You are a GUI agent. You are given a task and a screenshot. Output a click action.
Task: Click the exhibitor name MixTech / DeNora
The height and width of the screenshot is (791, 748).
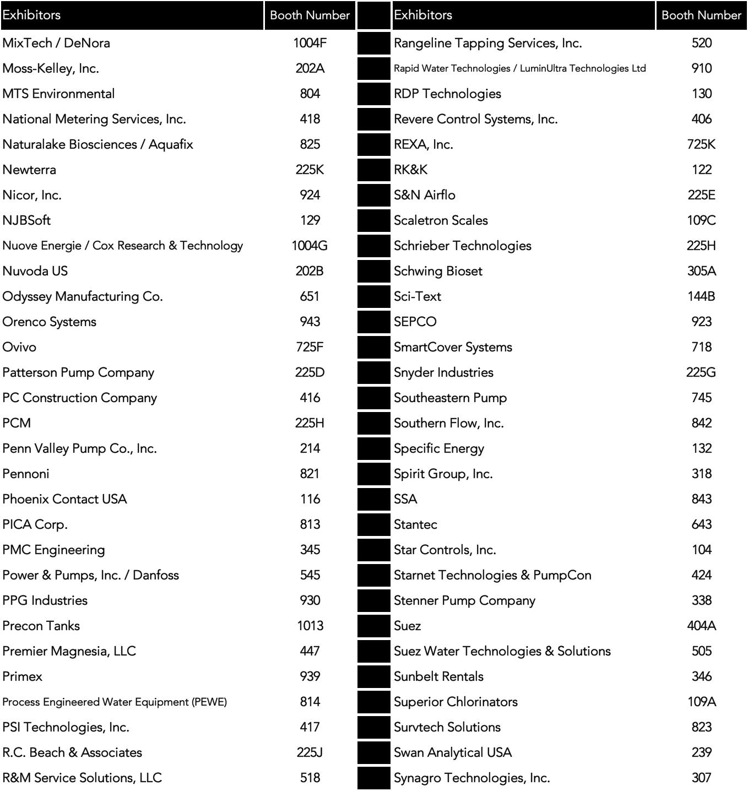point(56,43)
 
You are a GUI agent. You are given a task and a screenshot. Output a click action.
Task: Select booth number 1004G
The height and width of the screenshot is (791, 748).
point(310,246)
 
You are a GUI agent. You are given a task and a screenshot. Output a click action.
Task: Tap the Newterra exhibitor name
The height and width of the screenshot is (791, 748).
point(29,170)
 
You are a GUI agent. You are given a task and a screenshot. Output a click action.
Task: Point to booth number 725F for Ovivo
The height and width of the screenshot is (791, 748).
point(310,347)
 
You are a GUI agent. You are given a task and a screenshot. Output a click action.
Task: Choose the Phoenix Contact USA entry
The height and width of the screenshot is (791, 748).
point(64,499)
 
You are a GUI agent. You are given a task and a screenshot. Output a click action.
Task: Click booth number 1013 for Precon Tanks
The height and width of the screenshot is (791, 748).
point(310,626)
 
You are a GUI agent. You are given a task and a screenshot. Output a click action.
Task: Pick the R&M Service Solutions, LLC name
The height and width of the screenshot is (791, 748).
point(82,778)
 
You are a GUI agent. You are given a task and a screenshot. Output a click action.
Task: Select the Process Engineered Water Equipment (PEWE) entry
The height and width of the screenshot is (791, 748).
point(115,702)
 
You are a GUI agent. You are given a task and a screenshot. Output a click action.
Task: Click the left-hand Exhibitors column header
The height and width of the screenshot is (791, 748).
point(31,15)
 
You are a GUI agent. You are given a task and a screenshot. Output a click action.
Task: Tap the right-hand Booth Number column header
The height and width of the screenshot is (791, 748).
point(701,15)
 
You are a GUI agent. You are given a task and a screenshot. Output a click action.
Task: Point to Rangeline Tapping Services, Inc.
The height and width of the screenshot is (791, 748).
point(487,43)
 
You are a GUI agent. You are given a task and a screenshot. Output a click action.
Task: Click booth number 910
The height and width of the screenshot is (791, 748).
point(701,68)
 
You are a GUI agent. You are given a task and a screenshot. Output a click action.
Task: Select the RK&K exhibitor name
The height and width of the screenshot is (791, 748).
point(410,170)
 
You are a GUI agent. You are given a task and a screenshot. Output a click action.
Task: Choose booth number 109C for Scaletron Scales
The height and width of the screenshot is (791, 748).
point(701,220)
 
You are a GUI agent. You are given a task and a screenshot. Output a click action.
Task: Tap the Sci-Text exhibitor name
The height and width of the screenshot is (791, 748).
point(418,296)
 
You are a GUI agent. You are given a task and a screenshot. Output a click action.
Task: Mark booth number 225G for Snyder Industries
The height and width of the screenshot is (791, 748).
point(701,372)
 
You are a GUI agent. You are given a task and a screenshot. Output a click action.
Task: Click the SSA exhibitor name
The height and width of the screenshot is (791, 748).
point(405,499)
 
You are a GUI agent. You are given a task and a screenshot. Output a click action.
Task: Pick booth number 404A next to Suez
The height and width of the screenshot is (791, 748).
point(701,626)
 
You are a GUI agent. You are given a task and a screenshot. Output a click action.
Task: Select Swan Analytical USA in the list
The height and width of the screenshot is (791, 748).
point(453,752)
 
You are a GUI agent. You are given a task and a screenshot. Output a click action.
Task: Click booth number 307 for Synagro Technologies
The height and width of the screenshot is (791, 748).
point(701,778)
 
